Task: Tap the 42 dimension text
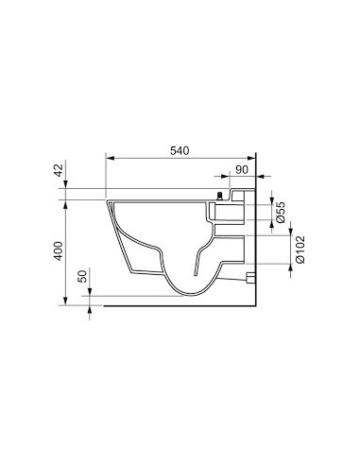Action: (x=58, y=171)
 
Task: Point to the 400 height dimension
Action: (x=58, y=251)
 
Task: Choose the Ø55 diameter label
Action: (x=281, y=212)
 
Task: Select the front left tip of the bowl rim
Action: (x=110, y=201)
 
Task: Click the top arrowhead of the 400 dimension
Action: (x=65, y=203)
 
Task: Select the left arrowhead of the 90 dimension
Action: (x=222, y=176)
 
